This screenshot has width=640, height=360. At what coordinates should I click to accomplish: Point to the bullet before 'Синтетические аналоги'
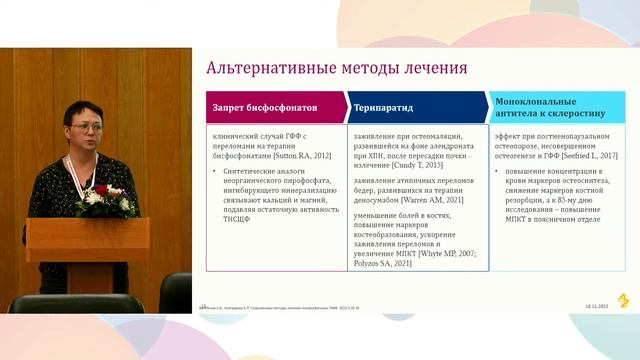click(x=216, y=171)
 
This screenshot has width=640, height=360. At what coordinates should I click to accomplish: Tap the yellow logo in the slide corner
click(x=623, y=300)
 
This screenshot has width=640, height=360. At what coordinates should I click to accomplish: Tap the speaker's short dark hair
click(x=80, y=111)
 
